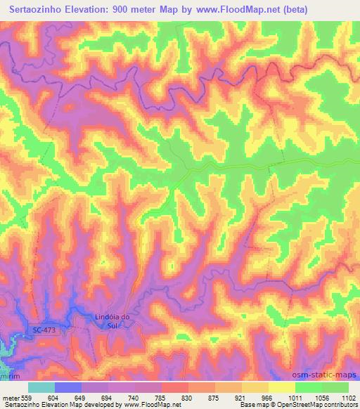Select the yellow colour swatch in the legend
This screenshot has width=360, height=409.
point(282,387)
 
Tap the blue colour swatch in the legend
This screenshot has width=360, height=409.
point(67,387)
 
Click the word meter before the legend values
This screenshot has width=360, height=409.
point(10,398)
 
